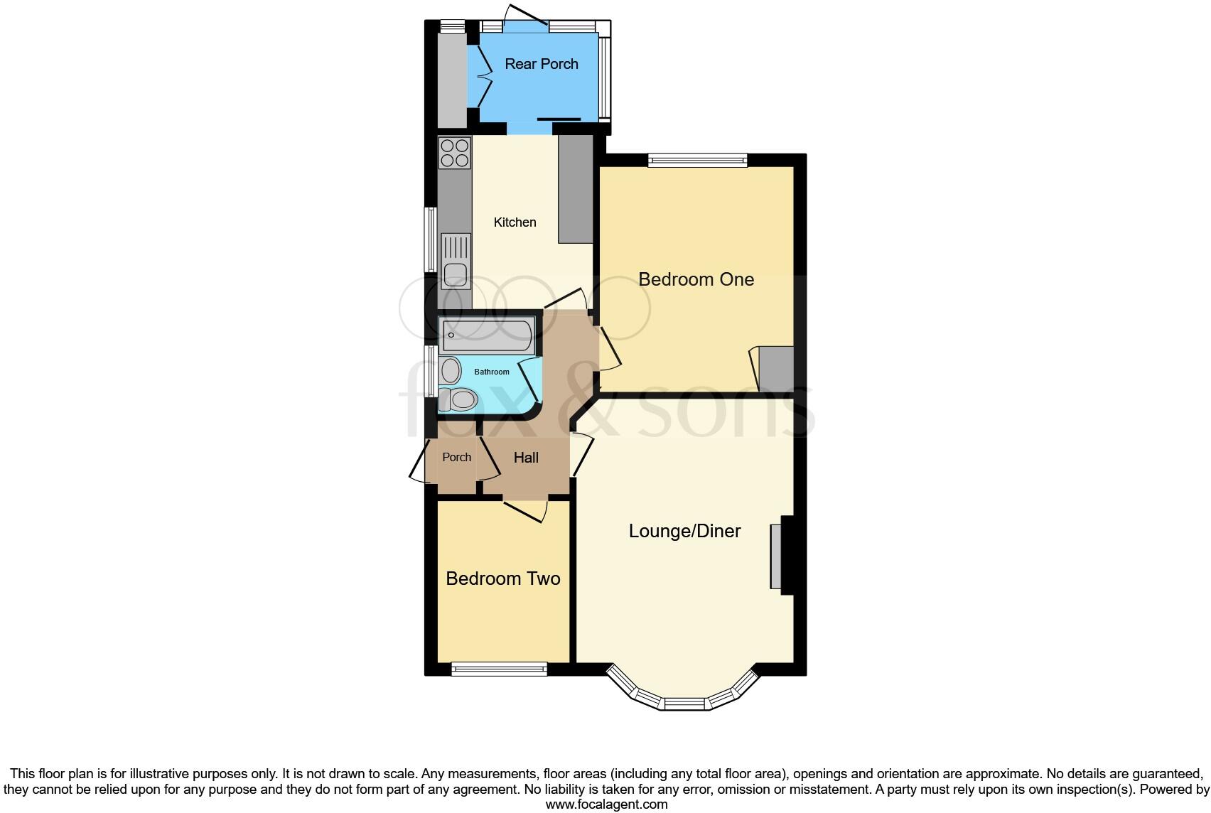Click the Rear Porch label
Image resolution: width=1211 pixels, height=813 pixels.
point(541,64)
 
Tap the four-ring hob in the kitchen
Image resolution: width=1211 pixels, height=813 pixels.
point(455,153)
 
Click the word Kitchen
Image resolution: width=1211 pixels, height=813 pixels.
point(515,222)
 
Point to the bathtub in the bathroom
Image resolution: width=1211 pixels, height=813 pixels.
point(487,336)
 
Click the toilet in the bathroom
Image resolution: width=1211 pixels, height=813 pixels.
point(458,399)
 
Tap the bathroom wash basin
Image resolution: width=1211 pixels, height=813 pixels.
point(450,370)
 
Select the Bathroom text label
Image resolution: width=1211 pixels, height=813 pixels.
point(492,372)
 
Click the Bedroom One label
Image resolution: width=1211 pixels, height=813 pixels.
point(696,279)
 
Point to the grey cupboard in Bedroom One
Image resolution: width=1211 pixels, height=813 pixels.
point(776,368)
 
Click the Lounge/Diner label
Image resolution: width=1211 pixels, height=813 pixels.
point(684,531)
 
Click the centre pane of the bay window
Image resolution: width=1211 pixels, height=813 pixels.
point(685,704)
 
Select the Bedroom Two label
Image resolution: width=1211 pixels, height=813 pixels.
point(502,578)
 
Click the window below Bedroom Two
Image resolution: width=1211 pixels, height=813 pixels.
point(499,668)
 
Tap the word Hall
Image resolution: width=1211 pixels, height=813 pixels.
point(526,458)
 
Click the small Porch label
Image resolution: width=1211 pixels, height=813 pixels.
point(456,457)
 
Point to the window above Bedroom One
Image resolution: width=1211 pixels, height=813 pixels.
point(697,160)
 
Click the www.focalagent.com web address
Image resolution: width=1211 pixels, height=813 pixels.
point(606,804)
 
